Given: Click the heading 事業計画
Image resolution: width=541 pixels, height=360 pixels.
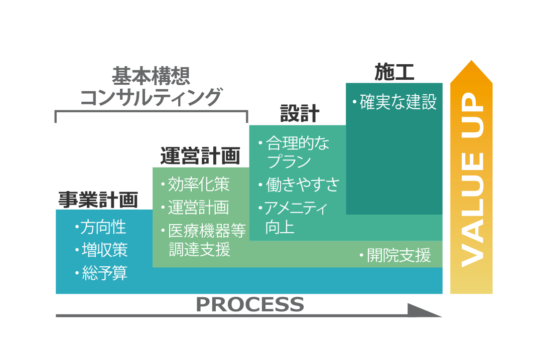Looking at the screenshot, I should coord(98,200).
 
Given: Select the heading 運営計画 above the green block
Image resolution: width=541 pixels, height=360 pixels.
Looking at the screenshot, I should coord(200,156).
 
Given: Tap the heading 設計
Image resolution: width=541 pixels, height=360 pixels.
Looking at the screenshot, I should coord(299,114).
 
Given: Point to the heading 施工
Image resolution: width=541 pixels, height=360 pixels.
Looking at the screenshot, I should coord(394,73).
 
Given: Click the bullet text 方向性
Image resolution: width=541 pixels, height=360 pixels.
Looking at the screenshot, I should coord(104,227).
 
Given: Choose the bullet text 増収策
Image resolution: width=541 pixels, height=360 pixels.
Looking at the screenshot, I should coord(104,250).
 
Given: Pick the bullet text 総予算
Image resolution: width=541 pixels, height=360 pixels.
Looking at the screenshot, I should coord(104,273).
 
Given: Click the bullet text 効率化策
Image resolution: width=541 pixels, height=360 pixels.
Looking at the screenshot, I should coord(199,185).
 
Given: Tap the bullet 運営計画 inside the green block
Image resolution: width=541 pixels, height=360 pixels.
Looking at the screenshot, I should coord(198,207).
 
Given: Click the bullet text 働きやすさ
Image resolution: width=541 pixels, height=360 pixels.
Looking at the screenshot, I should coord(303,185).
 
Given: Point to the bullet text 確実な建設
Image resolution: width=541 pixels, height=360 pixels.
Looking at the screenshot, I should coord(398,102).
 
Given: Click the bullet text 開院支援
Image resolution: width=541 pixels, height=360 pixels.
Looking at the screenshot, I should coord(398,256).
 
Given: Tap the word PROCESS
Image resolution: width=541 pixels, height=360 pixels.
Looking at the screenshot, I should coord(249,305).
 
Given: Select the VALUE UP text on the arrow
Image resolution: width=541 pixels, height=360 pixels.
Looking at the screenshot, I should coord(472,181).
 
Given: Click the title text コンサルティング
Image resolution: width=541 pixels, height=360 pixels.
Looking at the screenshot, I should coord(151,97).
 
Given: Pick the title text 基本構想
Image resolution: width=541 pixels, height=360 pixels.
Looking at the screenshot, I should coord(151,76).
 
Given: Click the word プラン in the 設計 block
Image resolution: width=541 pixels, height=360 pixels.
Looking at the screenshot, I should coord(289,162).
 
